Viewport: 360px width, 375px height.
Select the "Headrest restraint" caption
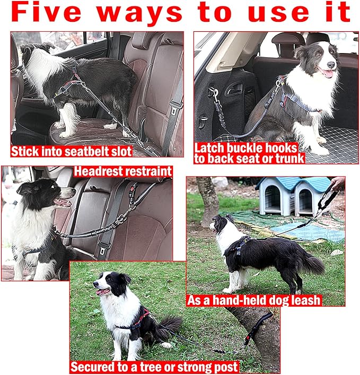pyautogui.click(x=123, y=171)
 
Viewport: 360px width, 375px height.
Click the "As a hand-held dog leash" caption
pyautogui.click(x=254, y=300)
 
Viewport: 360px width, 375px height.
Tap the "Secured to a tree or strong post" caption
pyautogui.click(x=155, y=367)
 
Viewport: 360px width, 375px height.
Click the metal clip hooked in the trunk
pyautogui.click(x=214, y=95)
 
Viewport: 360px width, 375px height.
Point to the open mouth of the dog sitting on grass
pyautogui.click(x=102, y=291)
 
